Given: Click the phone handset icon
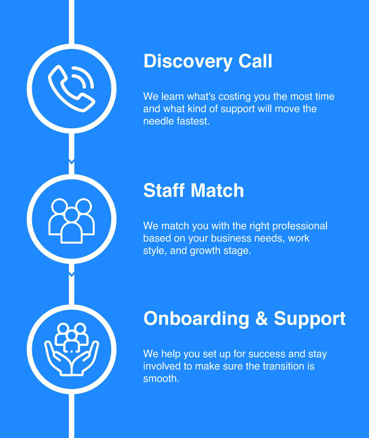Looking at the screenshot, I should click(x=71, y=88).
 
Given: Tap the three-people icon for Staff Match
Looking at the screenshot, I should click(x=71, y=220).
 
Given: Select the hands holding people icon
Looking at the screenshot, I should click(x=71, y=349).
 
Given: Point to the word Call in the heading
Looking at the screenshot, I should click(x=255, y=61).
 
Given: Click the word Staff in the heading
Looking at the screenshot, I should click(x=164, y=190).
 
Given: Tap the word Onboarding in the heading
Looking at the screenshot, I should click(x=196, y=319).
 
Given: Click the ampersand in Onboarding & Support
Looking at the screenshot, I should click(x=261, y=319).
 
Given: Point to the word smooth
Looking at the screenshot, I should click(x=161, y=378).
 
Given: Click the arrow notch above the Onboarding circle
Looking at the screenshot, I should click(x=71, y=274).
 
